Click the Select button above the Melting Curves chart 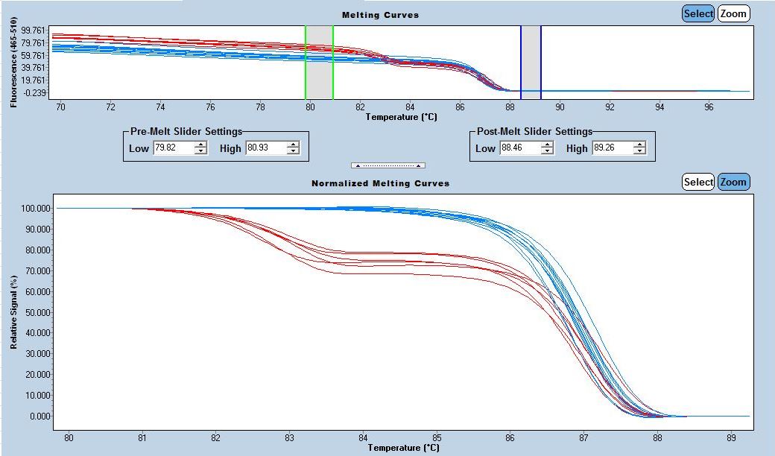point(698,13)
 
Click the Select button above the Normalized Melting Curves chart point(698,182)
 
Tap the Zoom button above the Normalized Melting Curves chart point(733,182)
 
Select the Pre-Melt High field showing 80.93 point(265,148)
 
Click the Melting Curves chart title point(380,15)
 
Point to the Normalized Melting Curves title point(380,183)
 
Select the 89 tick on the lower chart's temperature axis point(731,438)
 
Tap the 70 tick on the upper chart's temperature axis point(60,107)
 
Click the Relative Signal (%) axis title point(14,312)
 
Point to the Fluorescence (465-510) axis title point(14,64)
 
